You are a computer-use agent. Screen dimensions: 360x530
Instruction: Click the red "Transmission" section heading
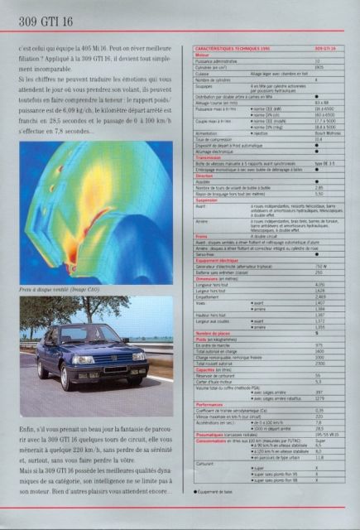pyautogui.click(x=210, y=158)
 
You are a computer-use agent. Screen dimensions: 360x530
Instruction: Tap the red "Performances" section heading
pyautogui.click(x=211, y=402)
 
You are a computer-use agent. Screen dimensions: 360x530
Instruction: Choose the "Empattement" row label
pyautogui.click(x=212, y=296)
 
